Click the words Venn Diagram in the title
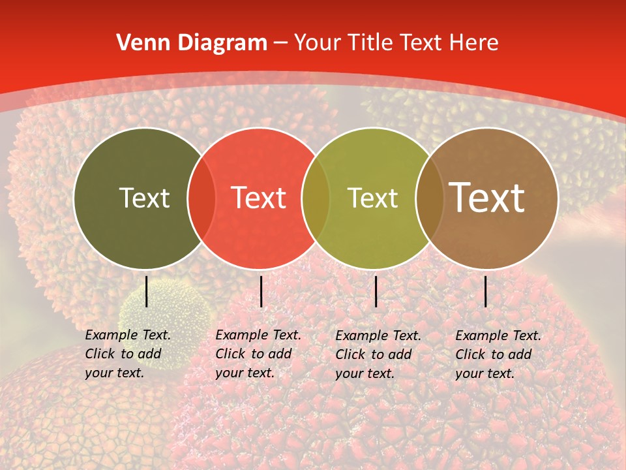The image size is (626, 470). (x=192, y=42)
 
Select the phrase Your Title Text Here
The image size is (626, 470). (x=396, y=42)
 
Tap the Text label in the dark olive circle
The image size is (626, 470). (x=144, y=198)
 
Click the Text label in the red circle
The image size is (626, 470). (x=258, y=198)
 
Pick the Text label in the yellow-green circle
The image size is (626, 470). (x=372, y=198)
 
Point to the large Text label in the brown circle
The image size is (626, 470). (x=487, y=197)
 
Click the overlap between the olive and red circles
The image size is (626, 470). (x=201, y=198)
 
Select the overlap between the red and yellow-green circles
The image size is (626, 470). (x=316, y=198)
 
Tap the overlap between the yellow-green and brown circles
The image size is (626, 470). (x=429, y=198)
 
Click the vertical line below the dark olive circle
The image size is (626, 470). (x=147, y=291)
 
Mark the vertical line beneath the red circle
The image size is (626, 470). (x=261, y=291)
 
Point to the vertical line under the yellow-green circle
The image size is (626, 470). (x=376, y=291)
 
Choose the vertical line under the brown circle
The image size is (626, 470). (x=486, y=291)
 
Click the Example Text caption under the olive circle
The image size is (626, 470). (x=127, y=354)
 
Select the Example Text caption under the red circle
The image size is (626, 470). (x=258, y=354)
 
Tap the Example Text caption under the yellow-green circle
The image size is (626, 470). (x=378, y=354)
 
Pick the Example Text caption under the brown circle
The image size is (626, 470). (x=498, y=354)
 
